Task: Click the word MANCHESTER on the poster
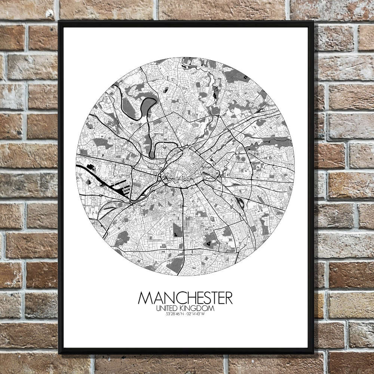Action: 185,298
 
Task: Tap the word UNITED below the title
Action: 169,308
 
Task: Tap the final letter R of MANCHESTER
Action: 228,298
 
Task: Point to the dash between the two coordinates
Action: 185,313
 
